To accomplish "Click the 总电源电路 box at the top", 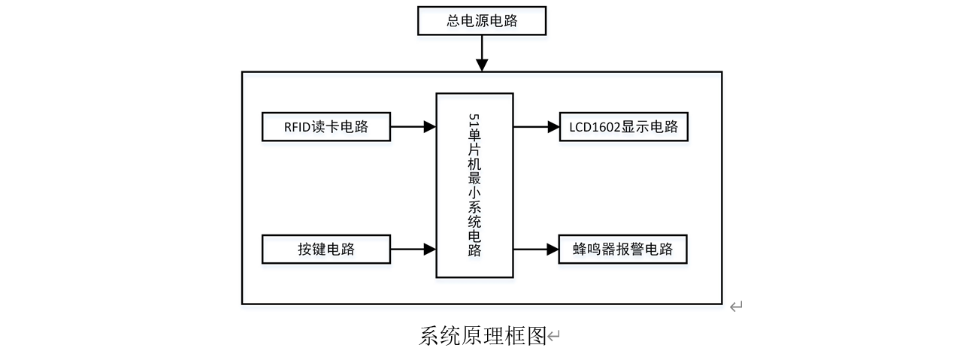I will (482, 20).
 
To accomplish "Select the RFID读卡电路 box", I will (325, 126).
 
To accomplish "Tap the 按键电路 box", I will (325, 250).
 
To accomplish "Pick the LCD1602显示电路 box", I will (623, 126).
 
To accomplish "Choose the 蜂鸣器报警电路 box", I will (623, 250).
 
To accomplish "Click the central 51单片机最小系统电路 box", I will (474, 186).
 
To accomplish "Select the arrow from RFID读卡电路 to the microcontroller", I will (413, 126).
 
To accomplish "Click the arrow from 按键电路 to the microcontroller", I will (413, 250).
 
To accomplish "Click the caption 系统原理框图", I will (482, 335).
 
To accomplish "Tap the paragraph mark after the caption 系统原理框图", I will (554, 337).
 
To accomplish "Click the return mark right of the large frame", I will (736, 305).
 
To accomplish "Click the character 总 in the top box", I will (454, 21).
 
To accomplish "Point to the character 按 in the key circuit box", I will (304, 250).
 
